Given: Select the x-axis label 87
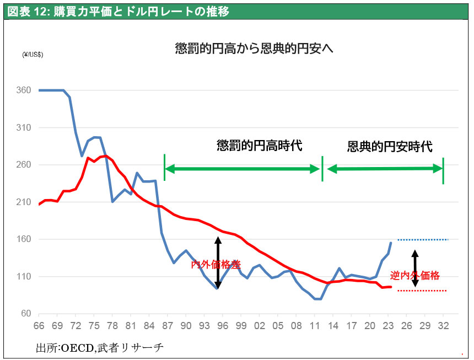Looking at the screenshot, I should (x=168, y=326).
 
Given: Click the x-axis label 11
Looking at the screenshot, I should (x=315, y=326).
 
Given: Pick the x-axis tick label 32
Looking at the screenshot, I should (x=443, y=326).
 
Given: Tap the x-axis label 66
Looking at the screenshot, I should (x=40, y=326).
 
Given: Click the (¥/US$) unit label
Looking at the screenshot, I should (x=33, y=54).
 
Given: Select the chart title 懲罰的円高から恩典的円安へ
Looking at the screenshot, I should (x=254, y=49).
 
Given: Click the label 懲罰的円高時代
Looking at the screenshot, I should (x=260, y=146).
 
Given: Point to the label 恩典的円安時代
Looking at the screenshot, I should (x=390, y=147).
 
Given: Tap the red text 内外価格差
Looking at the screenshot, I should (x=216, y=265).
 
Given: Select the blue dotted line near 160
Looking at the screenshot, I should (x=423, y=239).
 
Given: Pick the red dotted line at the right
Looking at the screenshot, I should (x=422, y=291).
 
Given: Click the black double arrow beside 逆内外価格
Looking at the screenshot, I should (x=415, y=268).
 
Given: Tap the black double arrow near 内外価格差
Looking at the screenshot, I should (x=218, y=262).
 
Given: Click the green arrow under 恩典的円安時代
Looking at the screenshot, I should (x=385, y=169).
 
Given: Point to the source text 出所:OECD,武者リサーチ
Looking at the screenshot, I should (x=100, y=348).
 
